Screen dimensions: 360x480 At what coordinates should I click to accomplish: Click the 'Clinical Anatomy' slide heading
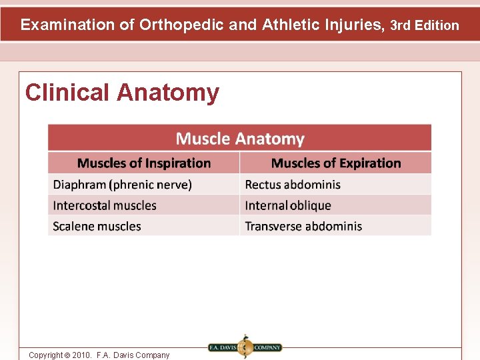(122, 93)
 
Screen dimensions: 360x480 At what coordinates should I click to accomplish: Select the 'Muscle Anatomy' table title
(240, 139)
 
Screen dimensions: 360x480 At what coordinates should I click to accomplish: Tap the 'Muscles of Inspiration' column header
(144, 163)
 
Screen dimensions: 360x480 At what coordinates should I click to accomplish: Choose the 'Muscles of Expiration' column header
(336, 163)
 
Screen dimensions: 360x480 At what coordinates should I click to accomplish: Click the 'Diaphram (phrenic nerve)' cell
(122, 185)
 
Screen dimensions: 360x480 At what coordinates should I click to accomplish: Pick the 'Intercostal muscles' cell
(105, 205)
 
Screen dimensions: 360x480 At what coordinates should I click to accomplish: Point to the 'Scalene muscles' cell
(97, 226)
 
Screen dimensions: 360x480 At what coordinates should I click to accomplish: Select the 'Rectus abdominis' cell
(293, 185)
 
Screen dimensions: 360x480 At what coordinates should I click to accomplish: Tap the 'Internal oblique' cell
(288, 205)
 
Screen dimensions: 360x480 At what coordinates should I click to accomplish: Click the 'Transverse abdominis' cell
(303, 226)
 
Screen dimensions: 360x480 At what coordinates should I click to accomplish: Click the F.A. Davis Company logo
(245, 347)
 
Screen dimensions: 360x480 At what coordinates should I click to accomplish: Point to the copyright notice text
(99, 355)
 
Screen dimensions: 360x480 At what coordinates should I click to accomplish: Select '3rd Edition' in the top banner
(425, 25)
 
